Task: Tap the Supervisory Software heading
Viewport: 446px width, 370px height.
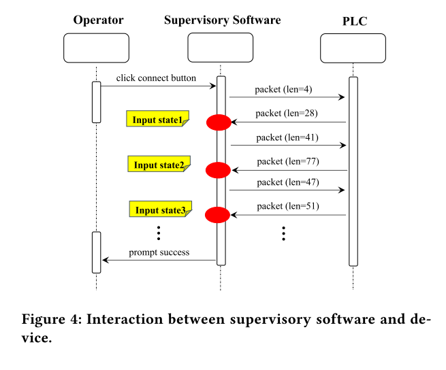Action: pos(222,20)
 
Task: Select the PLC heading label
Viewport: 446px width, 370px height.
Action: pos(354,21)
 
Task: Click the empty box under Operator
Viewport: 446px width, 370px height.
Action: pos(96,48)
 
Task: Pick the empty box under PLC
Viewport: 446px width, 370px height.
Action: pos(353,48)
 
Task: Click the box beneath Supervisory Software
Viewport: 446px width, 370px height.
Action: pos(221,48)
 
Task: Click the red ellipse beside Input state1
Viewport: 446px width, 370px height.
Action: pos(219,122)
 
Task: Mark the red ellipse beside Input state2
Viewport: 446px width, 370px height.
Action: pos(219,169)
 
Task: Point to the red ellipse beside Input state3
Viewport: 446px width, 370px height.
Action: pos(218,215)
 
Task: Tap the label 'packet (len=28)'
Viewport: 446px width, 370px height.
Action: pos(287,114)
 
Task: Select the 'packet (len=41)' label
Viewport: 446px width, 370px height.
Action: pos(287,137)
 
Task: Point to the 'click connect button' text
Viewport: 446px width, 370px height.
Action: pos(156,78)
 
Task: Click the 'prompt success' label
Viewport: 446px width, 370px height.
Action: pos(159,253)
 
